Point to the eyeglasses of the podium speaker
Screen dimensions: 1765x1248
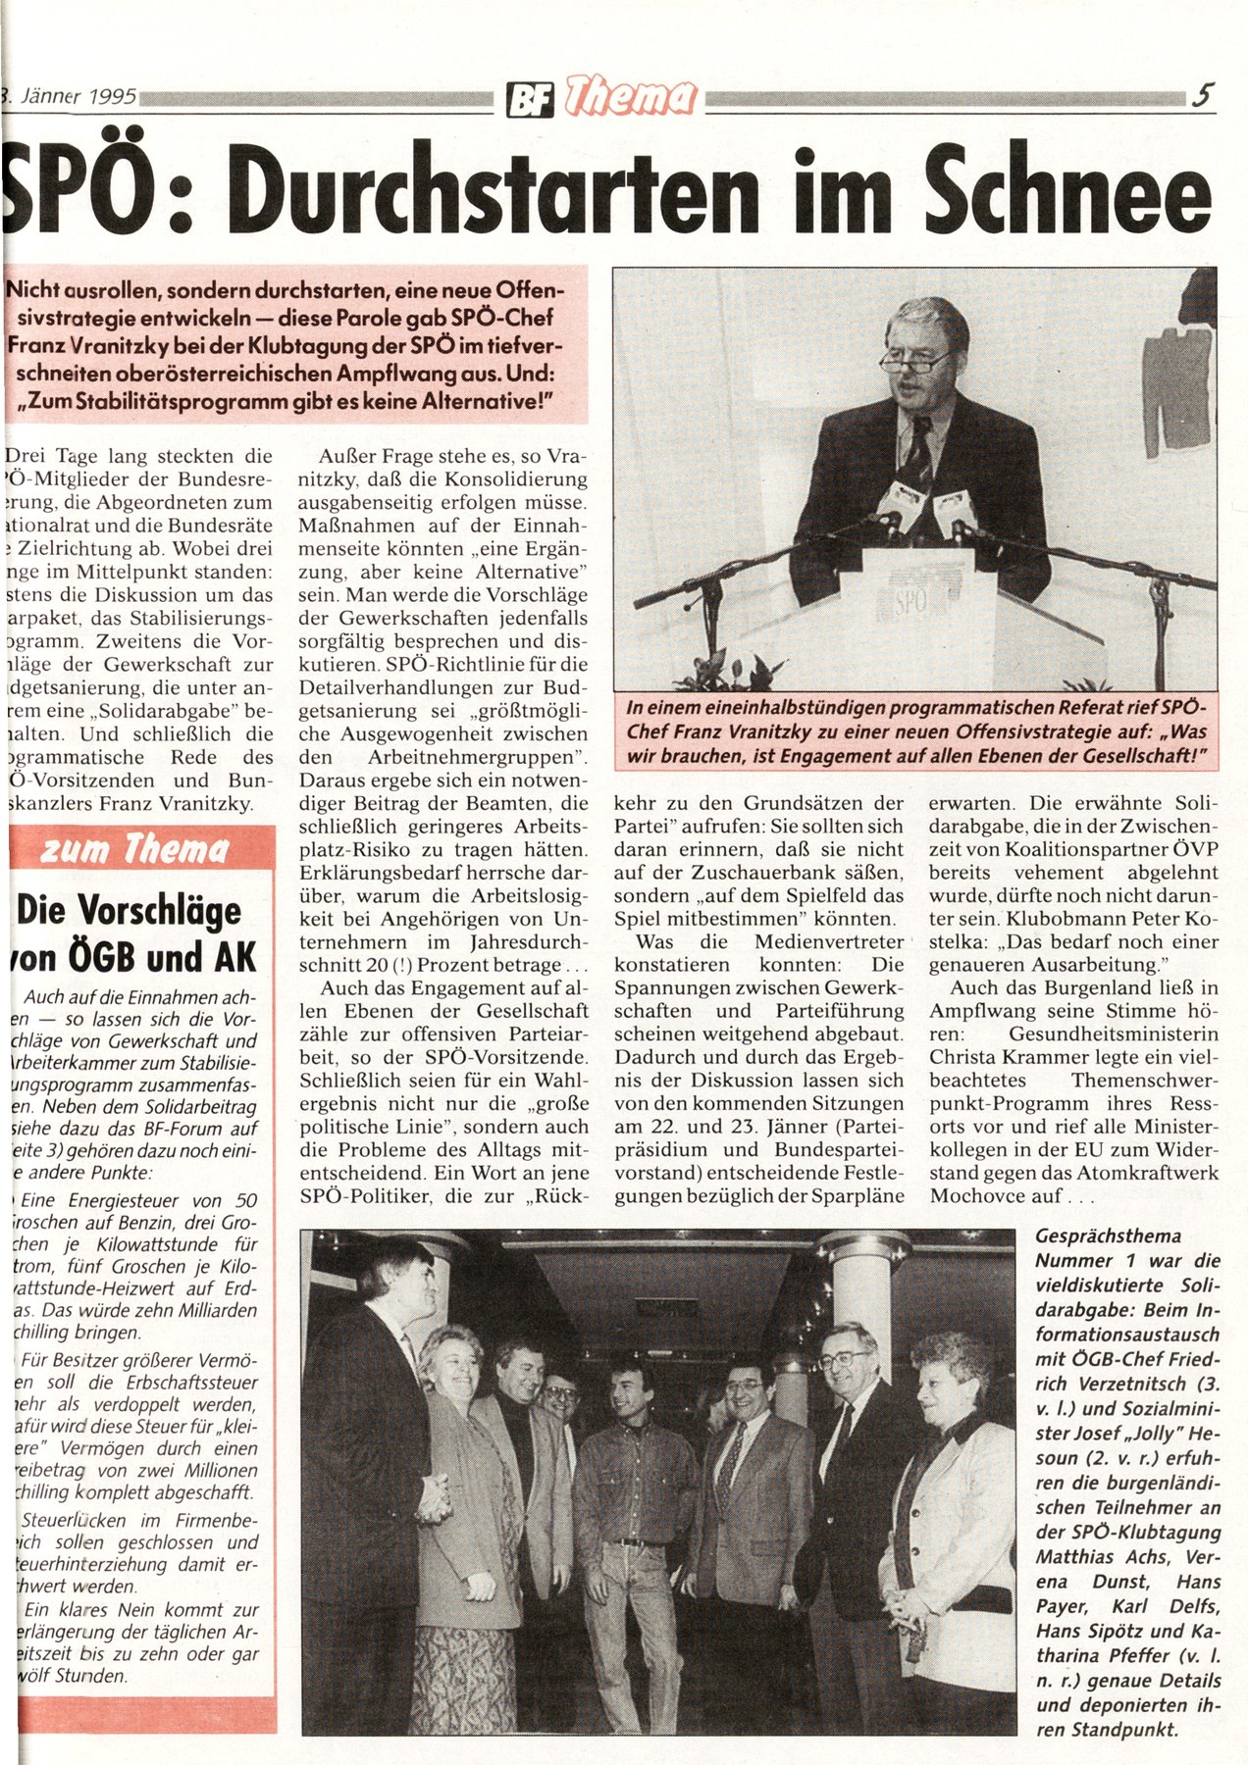pyautogui.click(x=914, y=360)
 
